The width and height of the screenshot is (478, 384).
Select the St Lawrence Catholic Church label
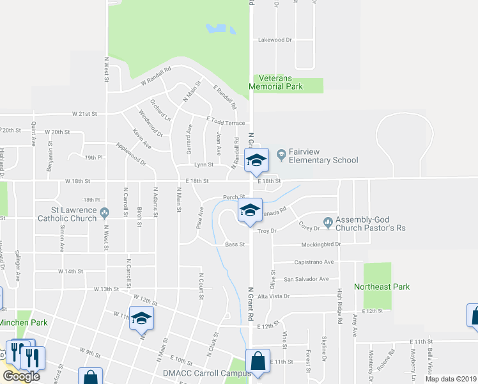(x=74, y=213)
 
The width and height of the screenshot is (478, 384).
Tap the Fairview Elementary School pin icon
(x=282, y=154)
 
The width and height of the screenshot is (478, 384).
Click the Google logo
(x=20, y=376)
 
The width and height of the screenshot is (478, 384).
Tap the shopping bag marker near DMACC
(x=257, y=361)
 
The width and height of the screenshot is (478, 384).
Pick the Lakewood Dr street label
(x=274, y=40)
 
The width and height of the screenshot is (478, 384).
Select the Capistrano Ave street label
(x=314, y=262)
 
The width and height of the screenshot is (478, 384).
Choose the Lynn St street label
(x=203, y=164)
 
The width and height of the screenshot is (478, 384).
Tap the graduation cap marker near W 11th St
(x=141, y=318)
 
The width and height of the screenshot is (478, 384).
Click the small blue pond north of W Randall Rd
(x=217, y=29)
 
